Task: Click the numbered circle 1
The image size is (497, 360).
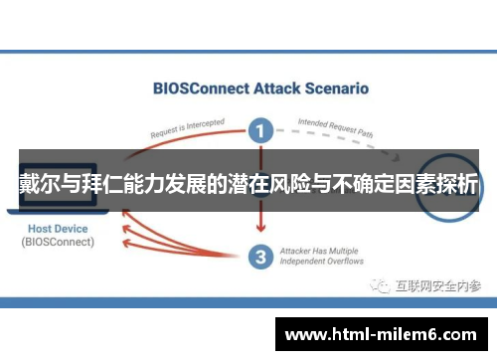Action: coord(260,129)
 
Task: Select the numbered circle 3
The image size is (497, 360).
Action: coord(260,257)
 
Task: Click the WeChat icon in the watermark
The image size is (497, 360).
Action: coord(381,285)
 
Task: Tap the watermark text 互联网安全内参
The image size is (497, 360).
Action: coord(437,285)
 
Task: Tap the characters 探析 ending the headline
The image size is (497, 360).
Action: coord(456,184)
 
